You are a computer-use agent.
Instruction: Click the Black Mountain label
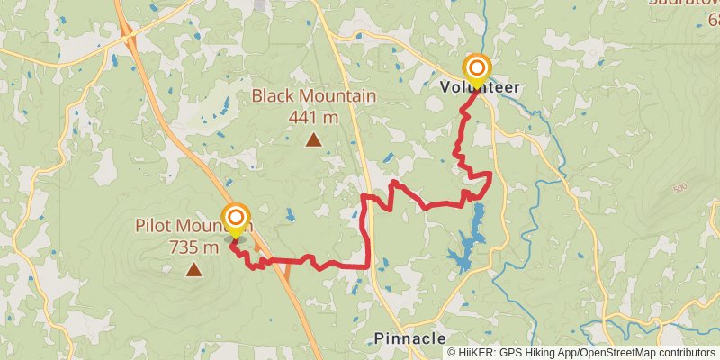point(313,96)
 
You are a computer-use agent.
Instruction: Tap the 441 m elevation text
point(313,116)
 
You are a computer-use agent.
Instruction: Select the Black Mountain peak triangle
point(313,139)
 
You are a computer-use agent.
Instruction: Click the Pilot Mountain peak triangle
point(193,268)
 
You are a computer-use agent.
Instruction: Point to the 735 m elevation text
point(193,246)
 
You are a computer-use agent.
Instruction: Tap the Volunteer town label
point(480,87)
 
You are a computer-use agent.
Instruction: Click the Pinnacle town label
point(409,338)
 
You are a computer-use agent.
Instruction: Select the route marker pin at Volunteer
point(477,69)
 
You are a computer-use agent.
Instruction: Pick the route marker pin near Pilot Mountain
point(236,219)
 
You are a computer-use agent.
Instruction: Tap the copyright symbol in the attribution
point(452,354)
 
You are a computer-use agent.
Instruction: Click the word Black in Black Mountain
point(274,96)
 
